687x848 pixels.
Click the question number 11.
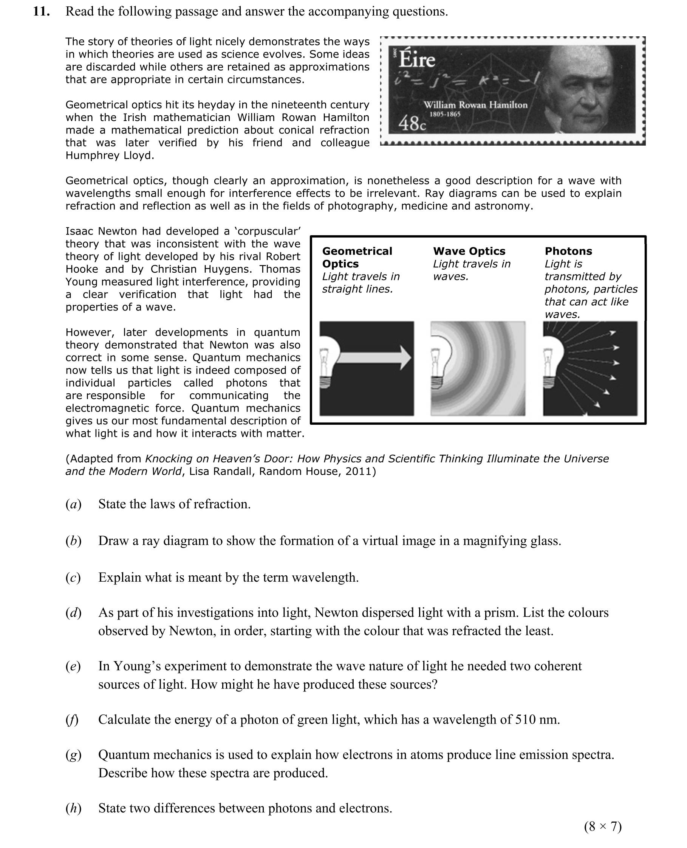tap(41, 11)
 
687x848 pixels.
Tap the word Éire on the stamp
tap(417, 60)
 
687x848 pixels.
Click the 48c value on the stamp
tap(412, 123)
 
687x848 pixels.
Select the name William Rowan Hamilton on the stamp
tap(475, 105)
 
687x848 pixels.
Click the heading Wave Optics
tap(469, 251)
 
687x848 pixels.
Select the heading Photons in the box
tap(568, 251)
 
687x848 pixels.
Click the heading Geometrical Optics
tap(357, 258)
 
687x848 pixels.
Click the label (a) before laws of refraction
tap(73, 504)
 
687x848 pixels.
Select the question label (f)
tap(72, 719)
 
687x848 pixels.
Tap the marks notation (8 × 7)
tap(602, 826)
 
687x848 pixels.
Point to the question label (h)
tap(73, 808)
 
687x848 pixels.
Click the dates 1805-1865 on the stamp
tap(445, 114)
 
